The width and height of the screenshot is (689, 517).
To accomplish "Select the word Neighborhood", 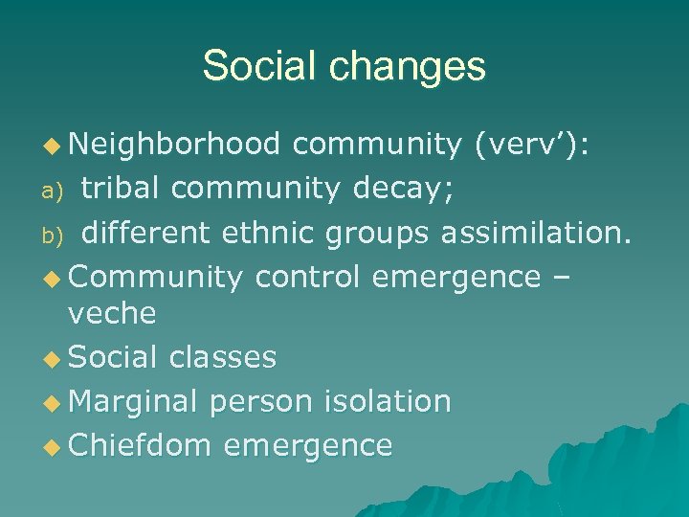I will (x=175, y=144).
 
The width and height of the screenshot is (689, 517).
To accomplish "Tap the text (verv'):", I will (x=533, y=144).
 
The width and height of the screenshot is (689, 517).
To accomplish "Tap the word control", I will (x=307, y=277).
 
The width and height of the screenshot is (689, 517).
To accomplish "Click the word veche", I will (x=112, y=313).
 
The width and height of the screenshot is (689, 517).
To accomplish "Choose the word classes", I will (x=222, y=357).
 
